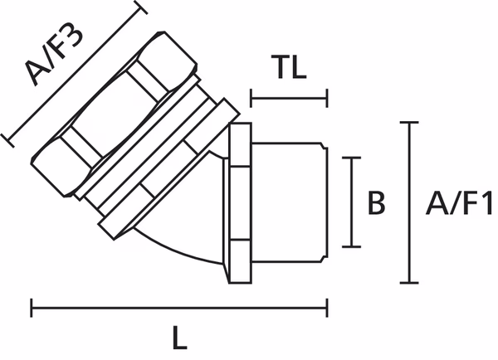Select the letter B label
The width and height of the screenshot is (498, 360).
[376, 203]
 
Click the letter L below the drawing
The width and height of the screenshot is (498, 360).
[179, 338]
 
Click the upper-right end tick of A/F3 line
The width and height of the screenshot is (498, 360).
[140, 9]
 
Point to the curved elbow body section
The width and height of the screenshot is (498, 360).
[187, 241]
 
